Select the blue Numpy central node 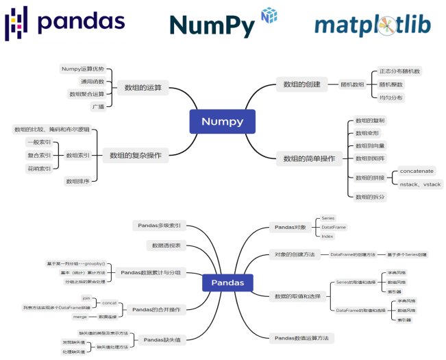click(222, 121)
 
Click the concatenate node click(417, 171)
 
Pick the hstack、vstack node click(420, 184)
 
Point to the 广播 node click(99, 106)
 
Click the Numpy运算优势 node click(83, 69)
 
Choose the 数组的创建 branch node click(303, 84)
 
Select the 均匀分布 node click(391, 97)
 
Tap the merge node click(80, 317)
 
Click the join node click(86, 298)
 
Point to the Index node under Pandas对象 click(327, 236)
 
